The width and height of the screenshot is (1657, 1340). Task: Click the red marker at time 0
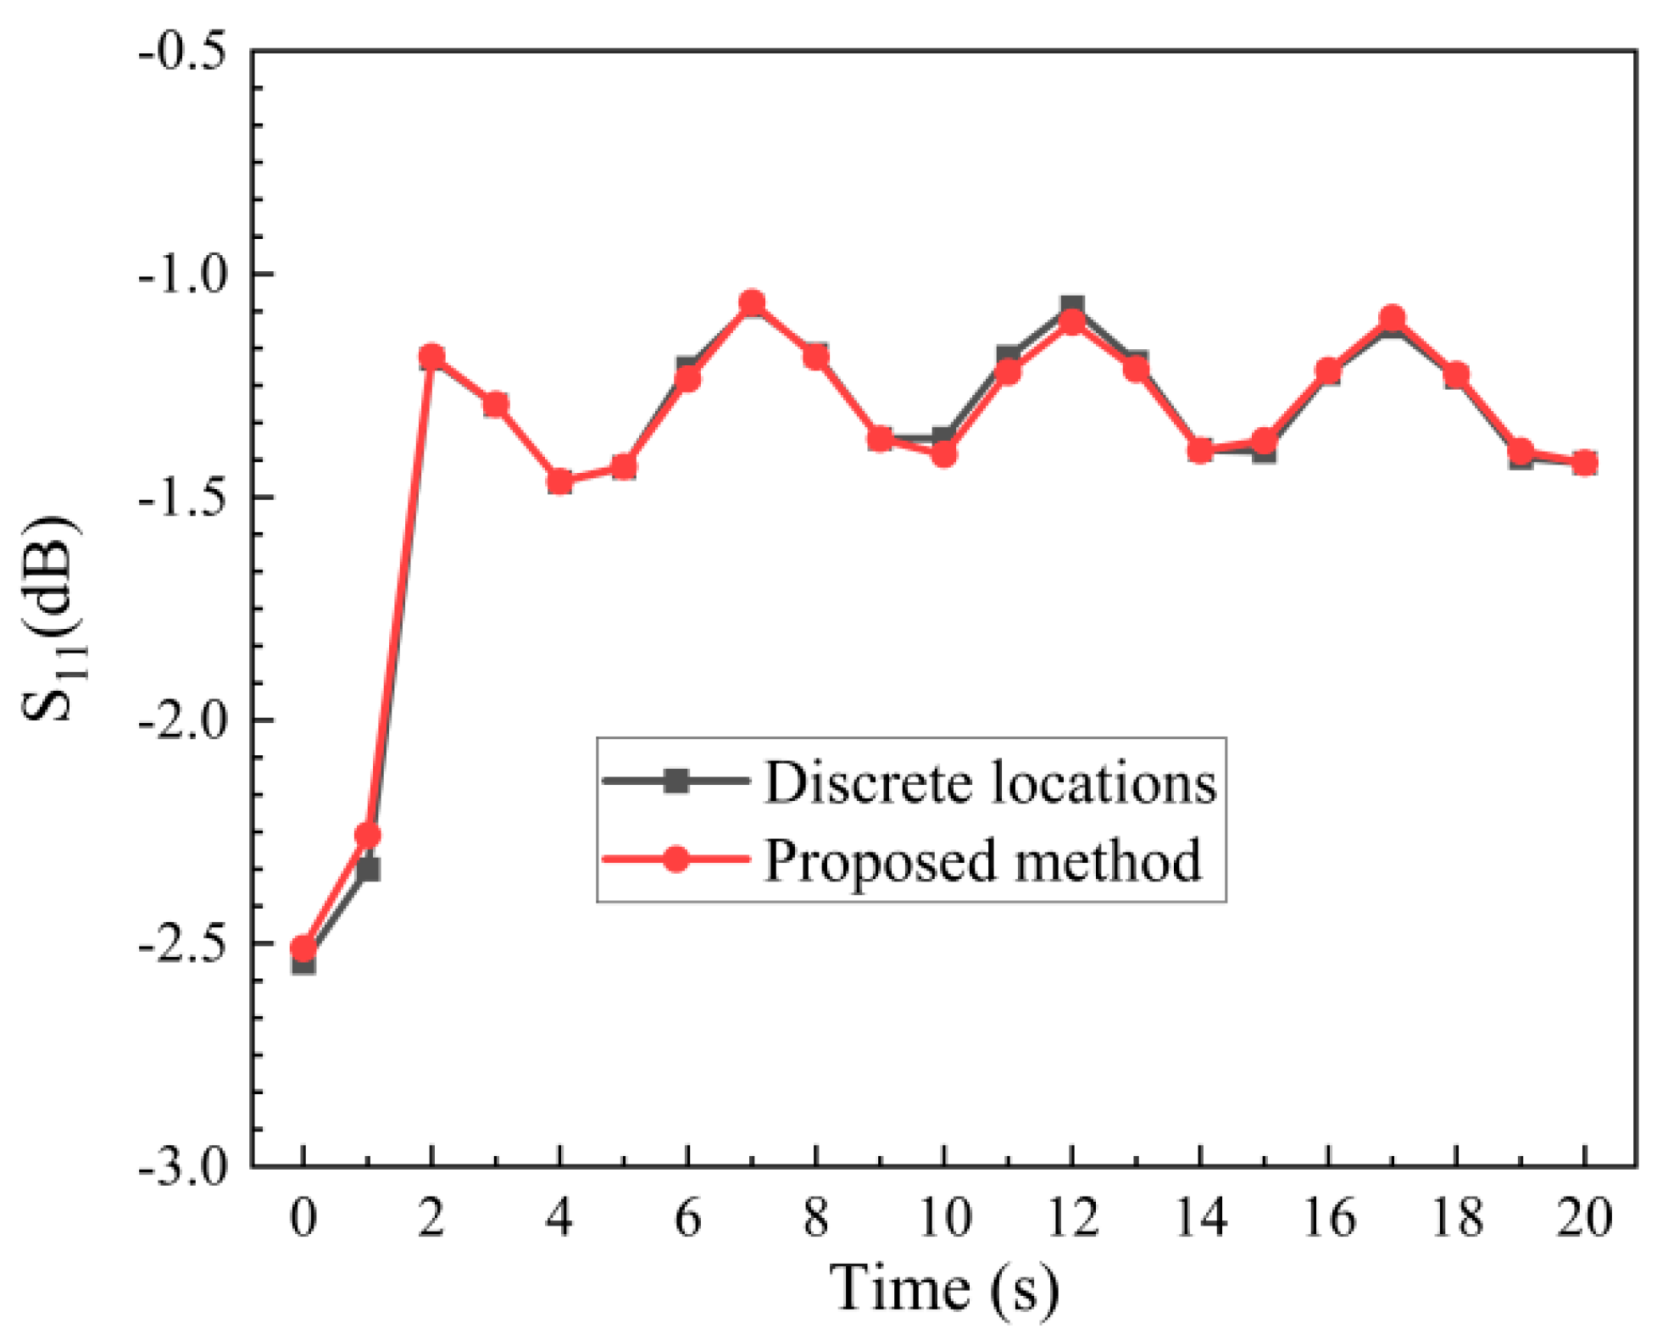[x=303, y=948]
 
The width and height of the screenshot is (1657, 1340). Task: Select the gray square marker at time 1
[x=368, y=870]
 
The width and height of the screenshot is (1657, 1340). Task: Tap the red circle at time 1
[x=367, y=835]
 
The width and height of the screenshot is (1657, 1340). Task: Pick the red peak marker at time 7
[x=752, y=303]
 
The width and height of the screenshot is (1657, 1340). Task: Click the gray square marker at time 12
[x=1072, y=305]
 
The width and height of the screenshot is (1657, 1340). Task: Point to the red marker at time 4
[x=559, y=481]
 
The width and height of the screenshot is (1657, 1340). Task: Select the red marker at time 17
[x=1392, y=319]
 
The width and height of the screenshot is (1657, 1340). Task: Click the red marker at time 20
[x=1584, y=462]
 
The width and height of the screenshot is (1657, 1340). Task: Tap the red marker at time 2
[x=431, y=357]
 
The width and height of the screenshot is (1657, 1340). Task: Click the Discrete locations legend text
[x=990, y=781]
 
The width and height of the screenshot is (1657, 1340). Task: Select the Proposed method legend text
[x=982, y=859]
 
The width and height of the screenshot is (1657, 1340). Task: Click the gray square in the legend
[x=676, y=781]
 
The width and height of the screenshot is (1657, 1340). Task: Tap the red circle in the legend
[x=676, y=859]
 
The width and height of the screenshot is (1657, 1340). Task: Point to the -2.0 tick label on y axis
[x=173, y=721]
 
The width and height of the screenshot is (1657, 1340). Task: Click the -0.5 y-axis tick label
[x=173, y=53]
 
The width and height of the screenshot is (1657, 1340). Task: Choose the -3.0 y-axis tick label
[x=173, y=1167]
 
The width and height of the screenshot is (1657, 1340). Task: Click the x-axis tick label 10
[x=943, y=1217]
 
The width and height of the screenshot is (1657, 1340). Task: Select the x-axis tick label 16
[x=1328, y=1217]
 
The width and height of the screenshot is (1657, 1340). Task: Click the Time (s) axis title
[x=942, y=1289]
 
